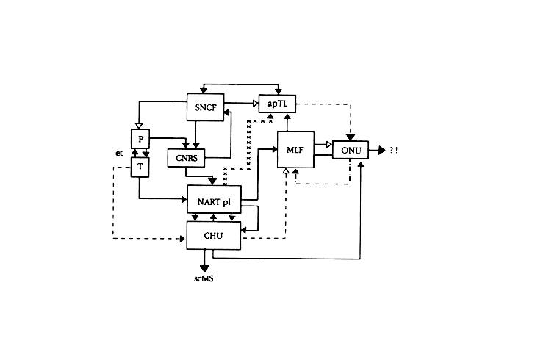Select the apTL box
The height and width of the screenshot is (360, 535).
[x=276, y=106]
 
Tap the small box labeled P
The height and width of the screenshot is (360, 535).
[x=140, y=138]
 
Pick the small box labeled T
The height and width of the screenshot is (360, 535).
[x=140, y=167]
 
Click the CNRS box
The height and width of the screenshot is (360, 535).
[x=186, y=158]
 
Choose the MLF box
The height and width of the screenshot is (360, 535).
[x=295, y=151]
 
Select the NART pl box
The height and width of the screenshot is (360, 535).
[x=214, y=198]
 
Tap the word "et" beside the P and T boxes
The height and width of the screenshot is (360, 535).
[x=118, y=153]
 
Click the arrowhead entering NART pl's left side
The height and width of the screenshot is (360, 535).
[x=184, y=198]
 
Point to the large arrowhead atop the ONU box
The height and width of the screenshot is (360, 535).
[x=350, y=137]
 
